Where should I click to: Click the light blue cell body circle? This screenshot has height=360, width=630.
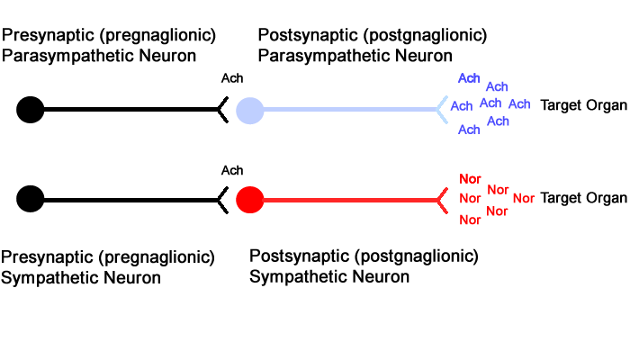tap(249, 111)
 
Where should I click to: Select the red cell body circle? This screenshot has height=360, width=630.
tap(249, 200)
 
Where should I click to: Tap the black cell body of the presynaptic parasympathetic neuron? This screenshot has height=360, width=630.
tap(30, 110)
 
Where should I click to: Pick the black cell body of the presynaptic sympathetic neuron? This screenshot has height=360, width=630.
tap(30, 199)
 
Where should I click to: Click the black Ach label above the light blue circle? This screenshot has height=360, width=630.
tap(232, 78)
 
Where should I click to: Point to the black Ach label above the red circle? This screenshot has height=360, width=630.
tap(232, 170)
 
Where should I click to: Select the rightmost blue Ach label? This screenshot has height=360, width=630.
tap(519, 104)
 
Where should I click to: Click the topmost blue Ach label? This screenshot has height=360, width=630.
tap(469, 78)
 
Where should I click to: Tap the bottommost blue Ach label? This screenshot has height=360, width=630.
tap(469, 130)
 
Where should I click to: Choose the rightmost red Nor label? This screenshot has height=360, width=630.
tap(524, 198)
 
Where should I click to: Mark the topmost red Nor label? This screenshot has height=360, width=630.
tap(470, 179)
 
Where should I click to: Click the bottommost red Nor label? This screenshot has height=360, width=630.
tap(470, 220)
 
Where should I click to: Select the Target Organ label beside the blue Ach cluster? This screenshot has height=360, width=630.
tap(583, 105)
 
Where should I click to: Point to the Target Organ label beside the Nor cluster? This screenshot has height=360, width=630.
tap(583, 198)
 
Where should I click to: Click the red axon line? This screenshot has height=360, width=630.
tap(350, 200)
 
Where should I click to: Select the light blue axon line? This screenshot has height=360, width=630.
tap(350, 109)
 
